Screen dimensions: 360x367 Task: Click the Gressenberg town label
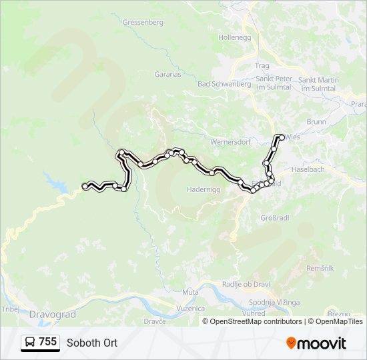143,22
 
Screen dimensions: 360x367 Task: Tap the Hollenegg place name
234,37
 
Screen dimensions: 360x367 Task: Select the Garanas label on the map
167,74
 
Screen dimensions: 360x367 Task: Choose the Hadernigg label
202,189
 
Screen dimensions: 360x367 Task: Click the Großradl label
274,217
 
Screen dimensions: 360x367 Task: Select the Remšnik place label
320,267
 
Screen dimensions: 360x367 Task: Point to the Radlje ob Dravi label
246,285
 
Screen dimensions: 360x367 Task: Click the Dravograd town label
53,313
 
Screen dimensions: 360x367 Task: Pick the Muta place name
190,292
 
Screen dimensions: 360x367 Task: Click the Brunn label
316,122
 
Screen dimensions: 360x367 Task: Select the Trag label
262,65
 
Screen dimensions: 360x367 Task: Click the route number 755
47,342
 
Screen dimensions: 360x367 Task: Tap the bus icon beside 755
30,343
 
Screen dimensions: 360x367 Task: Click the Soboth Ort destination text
92,343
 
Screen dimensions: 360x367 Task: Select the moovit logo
316,343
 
